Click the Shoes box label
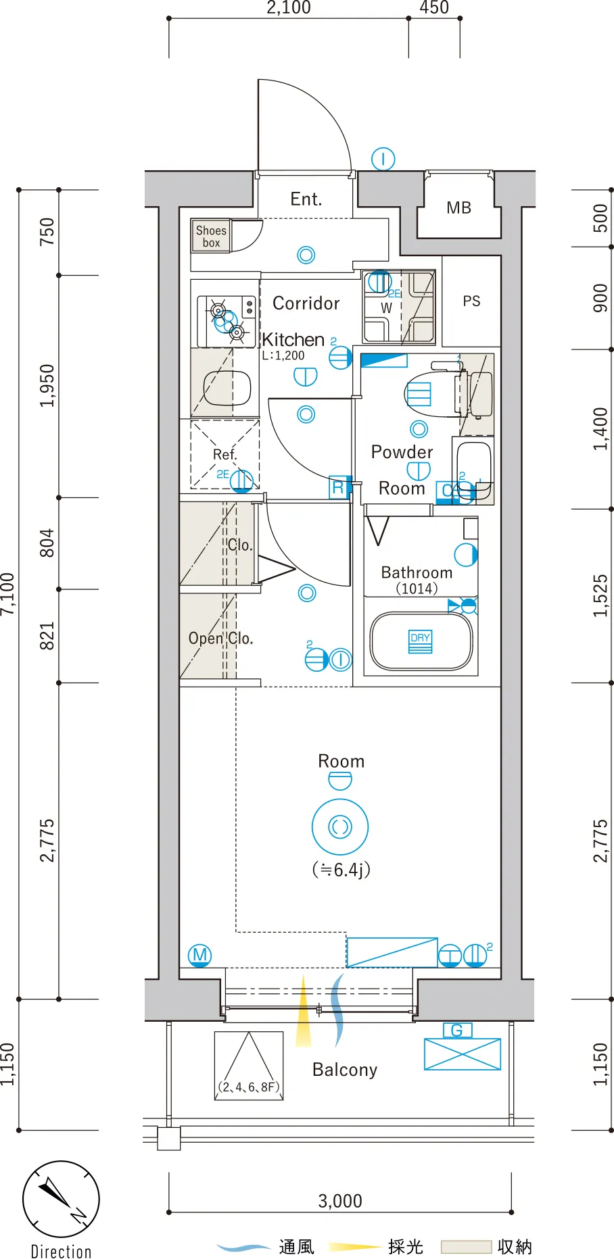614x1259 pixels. tap(211, 237)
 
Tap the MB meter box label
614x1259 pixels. tap(458, 208)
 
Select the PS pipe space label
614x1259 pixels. tap(471, 301)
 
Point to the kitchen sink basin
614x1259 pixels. tap(227, 388)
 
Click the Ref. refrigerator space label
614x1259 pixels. tap(225, 455)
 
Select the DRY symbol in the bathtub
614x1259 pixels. tap(420, 641)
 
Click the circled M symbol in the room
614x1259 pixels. tap(199, 955)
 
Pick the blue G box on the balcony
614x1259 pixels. tap(457, 1031)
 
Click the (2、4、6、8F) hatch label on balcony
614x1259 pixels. tap(249, 1087)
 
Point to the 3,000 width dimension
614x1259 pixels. tap(340, 1201)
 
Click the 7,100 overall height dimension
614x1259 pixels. tap(8, 593)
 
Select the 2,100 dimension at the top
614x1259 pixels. tap(289, 8)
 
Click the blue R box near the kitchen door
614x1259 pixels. tap(338, 487)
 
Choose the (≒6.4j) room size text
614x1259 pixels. tap(341, 870)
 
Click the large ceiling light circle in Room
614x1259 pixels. tap(340, 826)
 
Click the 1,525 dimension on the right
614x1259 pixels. tap(600, 595)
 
